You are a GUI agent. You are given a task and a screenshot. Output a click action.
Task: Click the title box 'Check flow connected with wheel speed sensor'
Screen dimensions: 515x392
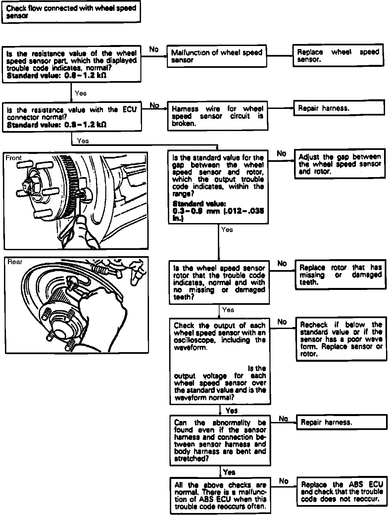pyautogui.click(x=71, y=12)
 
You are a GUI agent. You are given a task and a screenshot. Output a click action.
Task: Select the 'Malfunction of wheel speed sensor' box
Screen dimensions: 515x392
pyautogui.click(x=217, y=56)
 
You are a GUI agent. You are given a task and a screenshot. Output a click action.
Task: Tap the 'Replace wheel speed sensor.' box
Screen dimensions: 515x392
pyautogui.click(x=338, y=56)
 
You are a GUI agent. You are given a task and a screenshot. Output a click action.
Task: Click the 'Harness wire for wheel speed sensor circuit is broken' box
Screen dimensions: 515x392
pyautogui.click(x=218, y=116)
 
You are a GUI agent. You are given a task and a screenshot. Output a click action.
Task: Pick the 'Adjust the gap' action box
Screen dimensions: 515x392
pyautogui.click(x=340, y=164)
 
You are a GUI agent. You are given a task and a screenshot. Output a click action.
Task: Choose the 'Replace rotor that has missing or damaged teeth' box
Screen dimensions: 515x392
pyautogui.click(x=340, y=275)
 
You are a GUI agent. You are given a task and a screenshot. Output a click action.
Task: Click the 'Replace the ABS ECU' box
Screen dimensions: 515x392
pyautogui.click(x=342, y=492)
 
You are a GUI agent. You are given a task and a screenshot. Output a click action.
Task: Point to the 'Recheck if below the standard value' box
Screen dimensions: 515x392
pyautogui.click(x=341, y=339)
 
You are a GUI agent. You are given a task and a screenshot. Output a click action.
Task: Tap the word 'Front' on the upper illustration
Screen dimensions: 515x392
pyautogui.click(x=14, y=158)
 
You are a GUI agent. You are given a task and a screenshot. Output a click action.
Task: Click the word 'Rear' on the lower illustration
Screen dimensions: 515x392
pyautogui.click(x=15, y=262)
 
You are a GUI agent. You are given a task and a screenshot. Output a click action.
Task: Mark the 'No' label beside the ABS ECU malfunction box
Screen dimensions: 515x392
pyautogui.click(x=283, y=481)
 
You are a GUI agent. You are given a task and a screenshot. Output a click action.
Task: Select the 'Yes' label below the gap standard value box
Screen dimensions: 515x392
pyautogui.click(x=227, y=229)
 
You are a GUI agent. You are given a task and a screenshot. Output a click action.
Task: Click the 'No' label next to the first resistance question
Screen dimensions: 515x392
pyautogui.click(x=154, y=49)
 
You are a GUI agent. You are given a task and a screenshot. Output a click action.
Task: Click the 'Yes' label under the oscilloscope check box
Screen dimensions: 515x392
pyautogui.click(x=231, y=410)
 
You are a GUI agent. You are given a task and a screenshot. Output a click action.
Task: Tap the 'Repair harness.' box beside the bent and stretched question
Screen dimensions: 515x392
pyautogui.click(x=341, y=422)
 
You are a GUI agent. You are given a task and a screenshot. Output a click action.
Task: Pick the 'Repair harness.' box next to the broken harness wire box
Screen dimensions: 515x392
pyautogui.click(x=339, y=108)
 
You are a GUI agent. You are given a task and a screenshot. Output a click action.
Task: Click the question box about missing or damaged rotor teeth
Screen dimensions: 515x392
pyautogui.click(x=219, y=282)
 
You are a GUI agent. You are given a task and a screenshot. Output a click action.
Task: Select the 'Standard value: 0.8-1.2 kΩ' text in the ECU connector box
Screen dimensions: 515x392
pyautogui.click(x=56, y=125)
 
